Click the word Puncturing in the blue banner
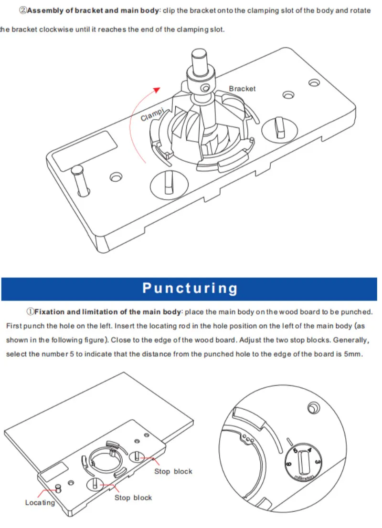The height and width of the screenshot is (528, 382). pyautogui.click(x=190, y=289)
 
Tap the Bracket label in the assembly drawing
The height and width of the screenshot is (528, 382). pyautogui.click(x=242, y=89)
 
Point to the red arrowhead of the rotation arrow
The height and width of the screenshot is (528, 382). pyautogui.click(x=157, y=90)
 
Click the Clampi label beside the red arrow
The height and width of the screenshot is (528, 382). pyautogui.click(x=152, y=114)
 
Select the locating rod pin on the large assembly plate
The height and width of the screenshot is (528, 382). pyautogui.click(x=80, y=180)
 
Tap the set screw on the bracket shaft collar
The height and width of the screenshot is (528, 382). pyautogui.click(x=205, y=88)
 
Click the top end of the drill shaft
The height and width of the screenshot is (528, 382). pyautogui.click(x=199, y=53)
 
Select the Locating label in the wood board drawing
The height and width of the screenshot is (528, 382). pyautogui.click(x=40, y=502)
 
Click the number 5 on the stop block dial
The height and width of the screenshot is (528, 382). pyautogui.click(x=296, y=451)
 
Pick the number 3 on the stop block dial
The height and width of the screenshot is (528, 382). pyautogui.click(x=318, y=462)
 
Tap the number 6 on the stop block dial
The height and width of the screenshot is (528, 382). pyautogui.click(x=289, y=464)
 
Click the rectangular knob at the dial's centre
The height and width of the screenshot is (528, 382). pyautogui.click(x=304, y=463)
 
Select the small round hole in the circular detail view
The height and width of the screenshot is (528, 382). pyautogui.click(x=314, y=408)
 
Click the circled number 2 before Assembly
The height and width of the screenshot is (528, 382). pyautogui.click(x=23, y=10)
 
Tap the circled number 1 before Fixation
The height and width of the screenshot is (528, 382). pyautogui.click(x=31, y=312)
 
